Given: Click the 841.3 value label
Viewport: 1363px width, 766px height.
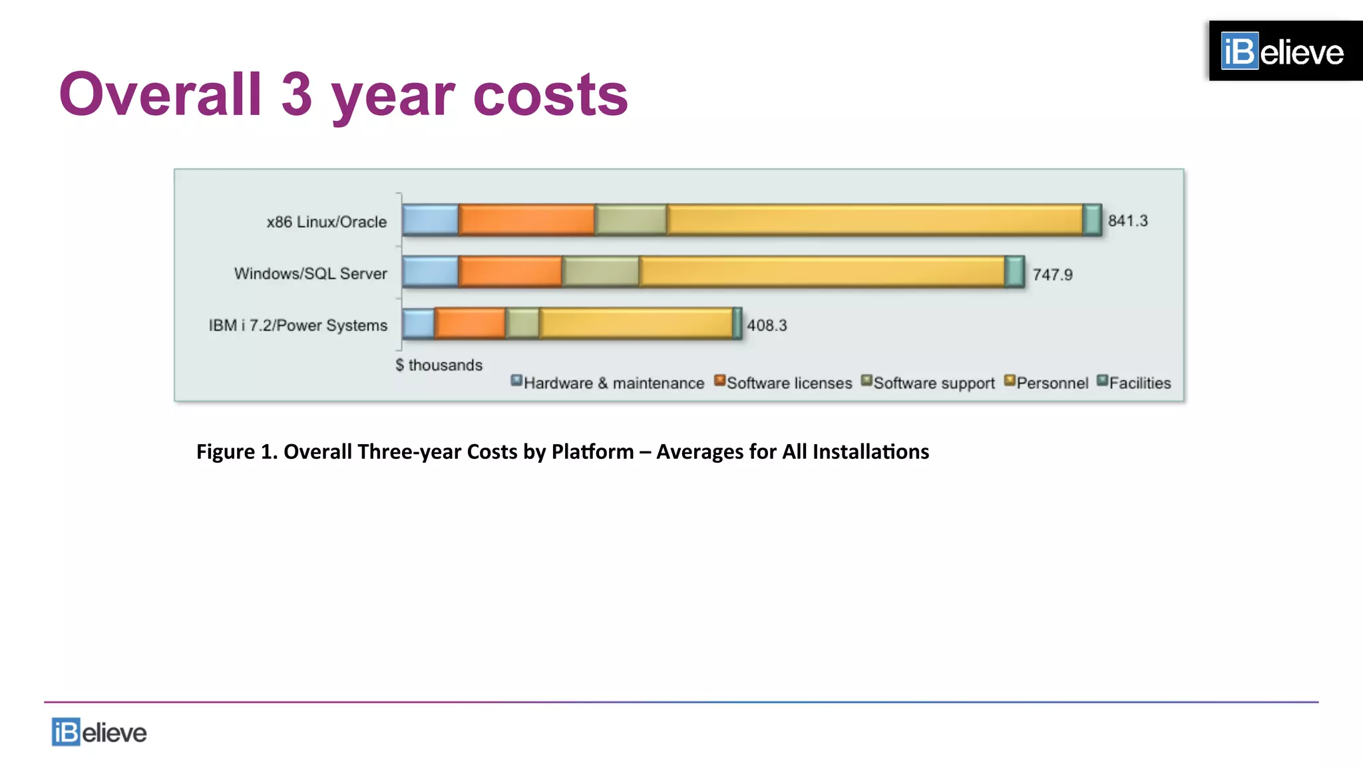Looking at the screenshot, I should click(x=1127, y=221).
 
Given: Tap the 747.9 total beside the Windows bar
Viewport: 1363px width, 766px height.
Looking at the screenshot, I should click(x=1052, y=275).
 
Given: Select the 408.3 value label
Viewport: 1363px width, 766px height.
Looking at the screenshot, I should click(x=767, y=325).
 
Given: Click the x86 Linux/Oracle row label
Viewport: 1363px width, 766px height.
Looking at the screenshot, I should click(x=326, y=222).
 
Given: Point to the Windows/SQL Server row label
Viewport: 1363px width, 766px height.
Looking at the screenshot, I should click(x=310, y=273).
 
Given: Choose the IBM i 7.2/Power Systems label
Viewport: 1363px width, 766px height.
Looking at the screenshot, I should click(x=297, y=325).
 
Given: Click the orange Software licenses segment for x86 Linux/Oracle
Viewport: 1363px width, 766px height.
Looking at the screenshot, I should click(x=526, y=220).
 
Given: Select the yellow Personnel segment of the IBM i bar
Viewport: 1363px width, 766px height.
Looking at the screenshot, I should click(x=636, y=324).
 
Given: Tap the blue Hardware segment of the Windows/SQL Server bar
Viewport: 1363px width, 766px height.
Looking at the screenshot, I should click(x=430, y=272).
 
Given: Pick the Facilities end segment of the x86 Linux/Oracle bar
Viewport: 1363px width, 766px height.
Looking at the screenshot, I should click(x=1092, y=220).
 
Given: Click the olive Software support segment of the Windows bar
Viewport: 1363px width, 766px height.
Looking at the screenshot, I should click(x=600, y=272).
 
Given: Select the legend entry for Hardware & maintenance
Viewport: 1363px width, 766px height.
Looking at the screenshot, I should click(x=607, y=383).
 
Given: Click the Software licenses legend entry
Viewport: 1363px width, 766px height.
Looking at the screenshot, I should click(x=783, y=383).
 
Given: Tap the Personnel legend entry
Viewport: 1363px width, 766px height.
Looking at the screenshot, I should click(x=1046, y=383).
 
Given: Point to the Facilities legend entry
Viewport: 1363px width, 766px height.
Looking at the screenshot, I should click(x=1134, y=383).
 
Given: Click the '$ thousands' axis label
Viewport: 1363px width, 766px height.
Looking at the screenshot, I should click(x=439, y=365).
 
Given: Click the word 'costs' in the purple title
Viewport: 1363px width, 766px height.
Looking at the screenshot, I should click(x=550, y=94).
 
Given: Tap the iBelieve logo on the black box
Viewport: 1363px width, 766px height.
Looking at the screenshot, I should click(x=1282, y=51).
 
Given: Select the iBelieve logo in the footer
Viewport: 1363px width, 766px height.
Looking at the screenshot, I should click(x=99, y=732).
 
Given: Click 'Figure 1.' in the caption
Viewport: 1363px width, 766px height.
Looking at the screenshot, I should click(x=236, y=451).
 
